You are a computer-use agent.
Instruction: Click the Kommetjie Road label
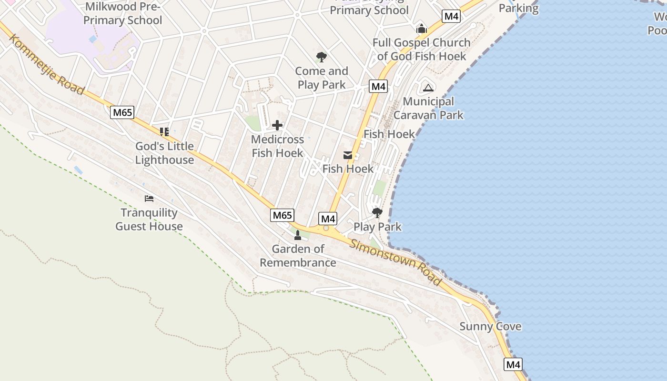[46, 65]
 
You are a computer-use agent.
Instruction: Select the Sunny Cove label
[490, 327]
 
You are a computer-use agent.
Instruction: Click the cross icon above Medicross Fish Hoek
[277, 125]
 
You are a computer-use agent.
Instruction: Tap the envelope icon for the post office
[348, 155]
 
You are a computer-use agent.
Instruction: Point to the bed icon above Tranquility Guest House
[149, 199]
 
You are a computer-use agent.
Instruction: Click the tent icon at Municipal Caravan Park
[428, 87]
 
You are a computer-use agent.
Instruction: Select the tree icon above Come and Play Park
[322, 57]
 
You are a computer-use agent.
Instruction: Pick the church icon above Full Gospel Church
[421, 29]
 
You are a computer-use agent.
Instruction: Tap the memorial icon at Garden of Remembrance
[298, 235]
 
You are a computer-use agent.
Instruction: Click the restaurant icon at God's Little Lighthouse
[164, 131]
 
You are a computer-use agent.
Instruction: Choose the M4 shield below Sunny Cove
[513, 365]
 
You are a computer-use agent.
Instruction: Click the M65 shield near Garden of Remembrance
[282, 215]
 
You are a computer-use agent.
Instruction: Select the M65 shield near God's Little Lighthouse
[122, 112]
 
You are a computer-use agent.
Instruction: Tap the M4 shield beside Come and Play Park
[378, 86]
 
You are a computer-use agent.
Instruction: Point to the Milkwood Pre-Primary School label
[123, 13]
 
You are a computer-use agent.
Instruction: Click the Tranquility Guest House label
[149, 220]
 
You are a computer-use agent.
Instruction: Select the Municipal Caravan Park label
[428, 108]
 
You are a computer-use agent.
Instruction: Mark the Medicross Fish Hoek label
[277, 146]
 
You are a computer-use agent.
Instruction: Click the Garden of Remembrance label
[298, 256]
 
